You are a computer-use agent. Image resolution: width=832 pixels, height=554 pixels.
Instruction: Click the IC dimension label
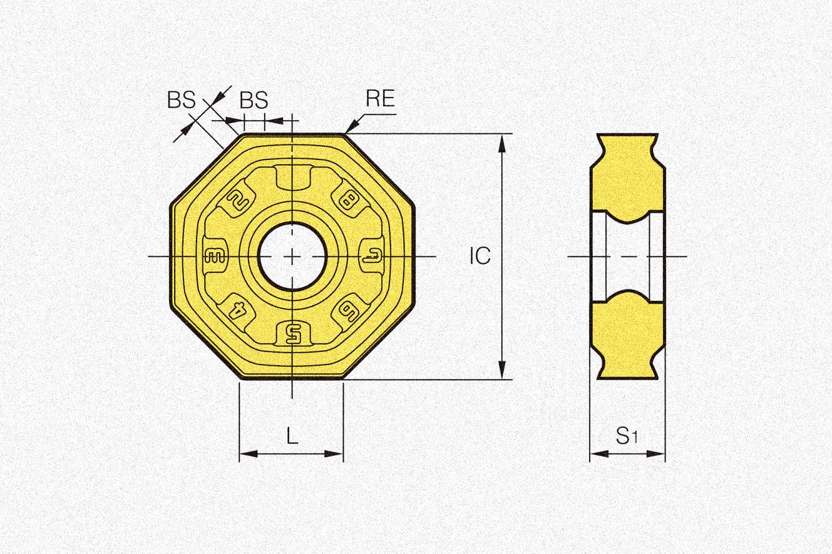[480, 255]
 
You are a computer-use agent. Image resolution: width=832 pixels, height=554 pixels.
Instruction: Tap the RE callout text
[380, 98]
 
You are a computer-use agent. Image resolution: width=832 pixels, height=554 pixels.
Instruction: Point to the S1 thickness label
[626, 436]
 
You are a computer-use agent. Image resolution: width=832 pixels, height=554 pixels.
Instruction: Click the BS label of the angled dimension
[182, 99]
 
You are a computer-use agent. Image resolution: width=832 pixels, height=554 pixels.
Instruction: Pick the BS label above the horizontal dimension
[254, 99]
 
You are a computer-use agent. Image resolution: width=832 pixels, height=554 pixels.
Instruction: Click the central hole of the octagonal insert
[292, 256]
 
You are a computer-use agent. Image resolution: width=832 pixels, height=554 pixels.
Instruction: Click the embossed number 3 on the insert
[215, 256]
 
